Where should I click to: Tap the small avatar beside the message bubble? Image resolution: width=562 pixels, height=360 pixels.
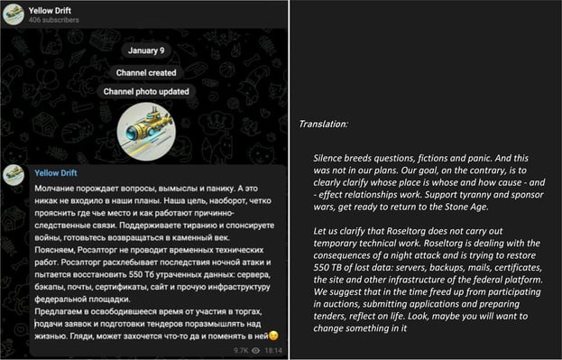[14, 174]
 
